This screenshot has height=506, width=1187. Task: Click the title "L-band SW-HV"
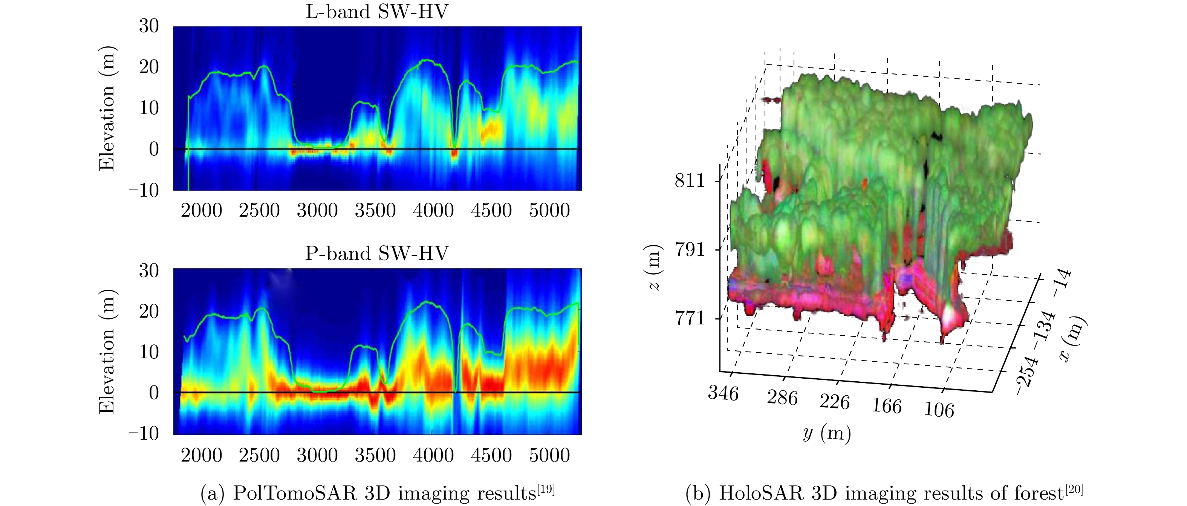pyautogui.click(x=376, y=12)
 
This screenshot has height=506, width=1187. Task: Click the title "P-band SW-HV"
pyautogui.click(x=376, y=254)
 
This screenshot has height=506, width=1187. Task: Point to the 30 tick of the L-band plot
pyautogui.click(x=149, y=26)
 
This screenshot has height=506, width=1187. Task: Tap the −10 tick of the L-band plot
pyautogui.click(x=144, y=190)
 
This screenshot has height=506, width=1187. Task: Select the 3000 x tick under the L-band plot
pyautogui.click(x=317, y=211)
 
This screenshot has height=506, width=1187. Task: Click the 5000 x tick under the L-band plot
pyautogui.click(x=549, y=211)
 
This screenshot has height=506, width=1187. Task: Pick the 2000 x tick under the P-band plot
pyautogui.click(x=201, y=455)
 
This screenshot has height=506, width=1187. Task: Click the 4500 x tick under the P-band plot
pyautogui.click(x=491, y=455)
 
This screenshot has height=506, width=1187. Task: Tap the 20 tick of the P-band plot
pyautogui.click(x=149, y=312)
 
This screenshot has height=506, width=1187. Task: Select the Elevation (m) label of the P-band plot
pyautogui.click(x=107, y=352)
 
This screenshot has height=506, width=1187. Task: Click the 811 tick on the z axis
pyautogui.click(x=690, y=180)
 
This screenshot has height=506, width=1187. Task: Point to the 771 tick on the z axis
pyautogui.click(x=690, y=318)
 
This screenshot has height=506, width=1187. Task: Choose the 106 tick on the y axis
pyautogui.click(x=939, y=410)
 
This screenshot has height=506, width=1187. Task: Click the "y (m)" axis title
pyautogui.click(x=827, y=434)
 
